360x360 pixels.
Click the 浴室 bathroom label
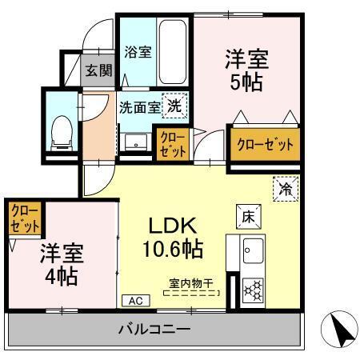coord(138,53)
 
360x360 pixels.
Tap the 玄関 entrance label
coord(99,70)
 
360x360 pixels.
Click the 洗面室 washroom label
coord(140,106)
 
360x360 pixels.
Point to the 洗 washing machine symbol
coord(174,106)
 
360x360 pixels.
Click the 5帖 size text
coord(246,82)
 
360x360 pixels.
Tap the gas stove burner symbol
coord(254,288)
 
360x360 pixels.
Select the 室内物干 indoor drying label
coord(191,283)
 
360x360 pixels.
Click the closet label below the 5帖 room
coord(263,145)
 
